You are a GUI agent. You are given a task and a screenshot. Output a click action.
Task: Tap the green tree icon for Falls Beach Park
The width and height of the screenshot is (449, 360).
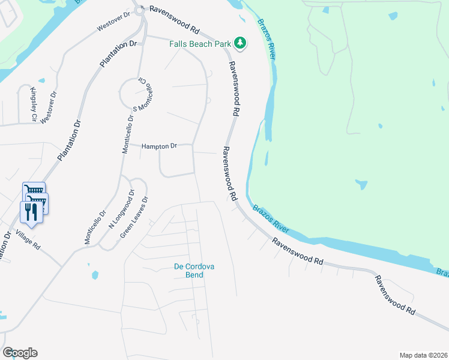tap(240, 42)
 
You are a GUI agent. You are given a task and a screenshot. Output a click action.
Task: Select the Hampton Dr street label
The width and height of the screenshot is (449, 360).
tap(160, 146)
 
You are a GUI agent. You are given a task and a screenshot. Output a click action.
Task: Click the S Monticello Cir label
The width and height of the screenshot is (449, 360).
tap(143, 94)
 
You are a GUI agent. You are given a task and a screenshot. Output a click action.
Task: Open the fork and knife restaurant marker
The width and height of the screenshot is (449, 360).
tap(31, 212)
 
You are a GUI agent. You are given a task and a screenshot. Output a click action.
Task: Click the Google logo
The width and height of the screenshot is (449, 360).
tap(20, 353)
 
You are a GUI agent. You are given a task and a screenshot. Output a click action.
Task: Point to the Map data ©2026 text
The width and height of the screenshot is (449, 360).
tap(423, 355)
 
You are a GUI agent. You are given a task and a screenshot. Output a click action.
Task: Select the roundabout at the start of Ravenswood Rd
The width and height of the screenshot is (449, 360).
tap(140, 10)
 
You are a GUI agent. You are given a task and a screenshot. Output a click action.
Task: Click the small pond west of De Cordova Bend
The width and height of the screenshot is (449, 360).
tap(95, 275)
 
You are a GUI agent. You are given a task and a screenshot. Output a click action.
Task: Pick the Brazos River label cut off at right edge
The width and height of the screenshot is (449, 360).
tap(442, 273)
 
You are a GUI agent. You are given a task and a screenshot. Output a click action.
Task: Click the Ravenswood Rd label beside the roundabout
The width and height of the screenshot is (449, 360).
tap(175, 20)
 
